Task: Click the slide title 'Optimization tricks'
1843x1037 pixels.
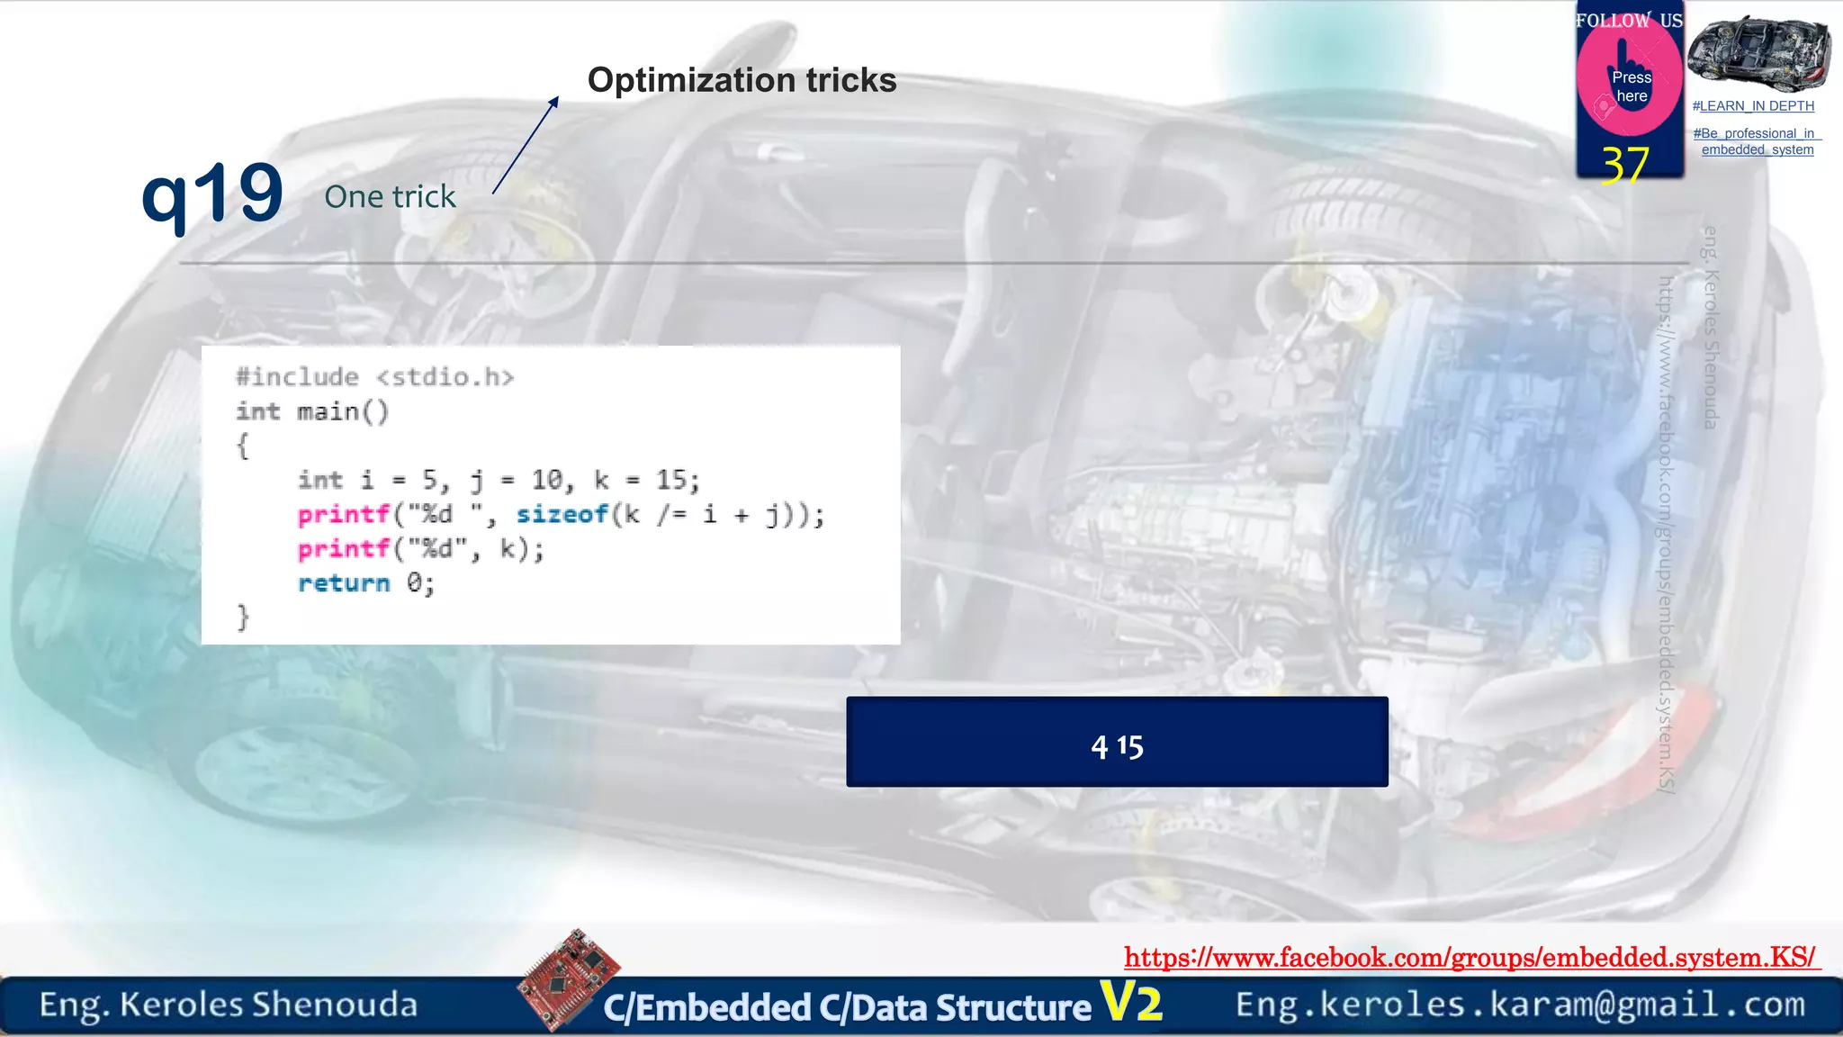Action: [742, 80]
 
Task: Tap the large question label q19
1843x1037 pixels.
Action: [212, 194]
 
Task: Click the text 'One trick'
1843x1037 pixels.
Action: [390, 196]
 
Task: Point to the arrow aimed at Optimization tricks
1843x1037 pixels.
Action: [526, 145]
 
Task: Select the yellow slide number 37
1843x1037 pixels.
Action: [1625, 165]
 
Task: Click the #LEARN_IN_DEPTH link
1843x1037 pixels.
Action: [1753, 106]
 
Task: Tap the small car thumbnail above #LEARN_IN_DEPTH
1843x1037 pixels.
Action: [1758, 53]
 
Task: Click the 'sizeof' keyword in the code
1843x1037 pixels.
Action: [562, 514]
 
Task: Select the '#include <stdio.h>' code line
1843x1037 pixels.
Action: [374, 377]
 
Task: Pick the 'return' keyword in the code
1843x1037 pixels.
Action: [344, 583]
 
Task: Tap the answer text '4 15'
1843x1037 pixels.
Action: [1117, 746]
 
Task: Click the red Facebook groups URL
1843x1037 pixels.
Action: [1470, 957]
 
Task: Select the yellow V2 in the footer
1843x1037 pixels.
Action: [1131, 1002]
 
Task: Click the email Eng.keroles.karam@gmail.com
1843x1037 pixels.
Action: [1520, 1005]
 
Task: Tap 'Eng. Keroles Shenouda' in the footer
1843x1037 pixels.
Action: [229, 1005]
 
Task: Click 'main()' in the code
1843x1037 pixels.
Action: [342, 411]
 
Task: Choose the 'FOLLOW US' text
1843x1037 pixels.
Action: [1629, 21]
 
